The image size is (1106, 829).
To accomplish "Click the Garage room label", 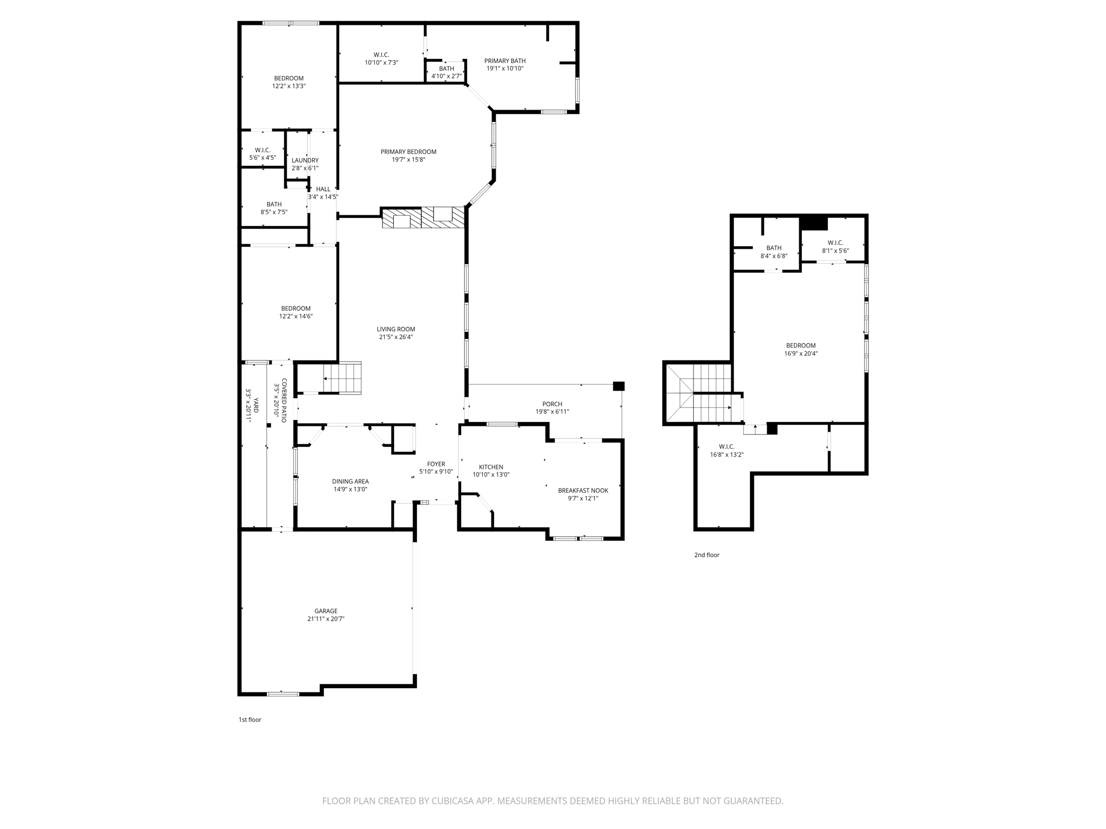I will click(326, 611).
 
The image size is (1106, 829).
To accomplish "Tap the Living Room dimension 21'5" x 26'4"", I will click(396, 337).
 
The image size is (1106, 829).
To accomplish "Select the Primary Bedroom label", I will click(408, 152).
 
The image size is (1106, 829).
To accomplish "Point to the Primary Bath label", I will click(504, 61).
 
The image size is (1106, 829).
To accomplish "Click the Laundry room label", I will click(305, 160).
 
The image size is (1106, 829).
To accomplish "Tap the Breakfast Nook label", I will click(583, 491).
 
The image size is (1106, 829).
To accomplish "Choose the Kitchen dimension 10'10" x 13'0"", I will click(491, 475).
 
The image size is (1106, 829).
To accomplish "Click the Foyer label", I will click(436, 464).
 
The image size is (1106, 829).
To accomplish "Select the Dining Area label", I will click(350, 481).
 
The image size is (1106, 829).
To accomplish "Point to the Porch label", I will click(552, 404).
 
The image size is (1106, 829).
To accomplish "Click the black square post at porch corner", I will click(619, 386).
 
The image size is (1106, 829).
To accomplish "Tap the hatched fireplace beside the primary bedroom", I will click(423, 218).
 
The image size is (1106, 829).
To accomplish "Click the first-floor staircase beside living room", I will click(342, 378).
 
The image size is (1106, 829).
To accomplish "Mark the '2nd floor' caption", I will click(706, 555).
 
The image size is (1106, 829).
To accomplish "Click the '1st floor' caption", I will click(250, 719).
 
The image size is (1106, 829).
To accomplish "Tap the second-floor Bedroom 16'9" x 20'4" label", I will click(800, 345).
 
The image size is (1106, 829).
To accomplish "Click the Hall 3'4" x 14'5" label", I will click(323, 189).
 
